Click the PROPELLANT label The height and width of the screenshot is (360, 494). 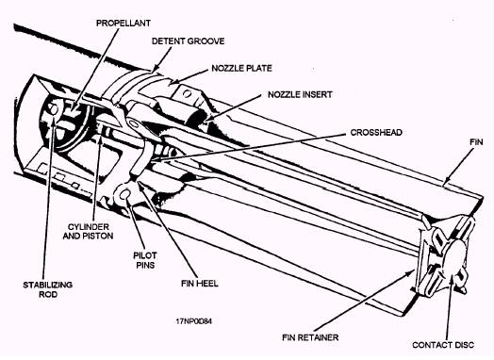coord(123,24)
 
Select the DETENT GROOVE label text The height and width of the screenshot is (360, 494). coord(189,41)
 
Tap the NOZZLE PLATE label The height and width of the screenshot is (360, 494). coord(241,69)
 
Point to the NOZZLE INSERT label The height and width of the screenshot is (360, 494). coord(300,94)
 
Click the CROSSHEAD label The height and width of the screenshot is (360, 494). coord(376,132)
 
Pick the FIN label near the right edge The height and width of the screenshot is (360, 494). coord(476,142)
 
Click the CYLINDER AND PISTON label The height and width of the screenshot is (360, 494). coord(89,231)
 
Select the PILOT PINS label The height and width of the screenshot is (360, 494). coord(145,260)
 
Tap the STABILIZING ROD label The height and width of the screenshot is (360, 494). coord(48,289)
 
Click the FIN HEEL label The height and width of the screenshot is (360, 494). coord(200,284)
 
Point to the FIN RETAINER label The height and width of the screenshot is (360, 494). coord(310,337)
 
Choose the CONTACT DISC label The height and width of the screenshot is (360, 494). coord(443,345)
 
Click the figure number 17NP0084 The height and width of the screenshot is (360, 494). coord(194,321)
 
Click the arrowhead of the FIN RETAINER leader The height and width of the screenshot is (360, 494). coord(412,271)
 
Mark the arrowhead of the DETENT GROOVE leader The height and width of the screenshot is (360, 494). coord(154,70)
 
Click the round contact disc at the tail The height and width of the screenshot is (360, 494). coord(453,259)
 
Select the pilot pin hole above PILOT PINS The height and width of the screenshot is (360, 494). coord(124,195)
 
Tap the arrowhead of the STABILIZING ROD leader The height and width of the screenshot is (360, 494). coord(53,122)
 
